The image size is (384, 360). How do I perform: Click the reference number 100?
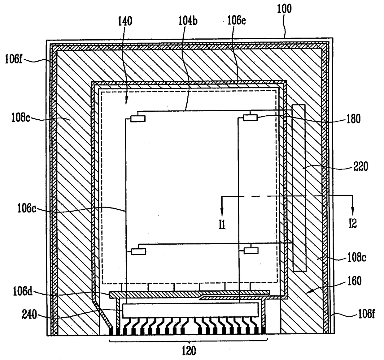284,9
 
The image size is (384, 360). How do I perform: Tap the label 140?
125,21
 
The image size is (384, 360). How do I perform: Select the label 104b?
188,21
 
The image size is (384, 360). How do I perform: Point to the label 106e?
236,20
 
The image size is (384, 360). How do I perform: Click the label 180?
353,119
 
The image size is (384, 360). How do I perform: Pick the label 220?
360,167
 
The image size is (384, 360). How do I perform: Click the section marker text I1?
222,224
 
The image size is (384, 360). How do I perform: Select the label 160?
354,281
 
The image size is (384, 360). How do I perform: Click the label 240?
29,315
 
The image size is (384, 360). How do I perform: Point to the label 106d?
23,291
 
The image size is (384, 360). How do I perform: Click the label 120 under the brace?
189,351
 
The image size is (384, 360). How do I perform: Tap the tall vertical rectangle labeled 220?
299,188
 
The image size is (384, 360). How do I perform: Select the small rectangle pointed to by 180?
250,118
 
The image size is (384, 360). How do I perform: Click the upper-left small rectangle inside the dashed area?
138,118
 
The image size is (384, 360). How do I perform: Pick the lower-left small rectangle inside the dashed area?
138,251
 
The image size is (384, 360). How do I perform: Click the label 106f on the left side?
14,59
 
